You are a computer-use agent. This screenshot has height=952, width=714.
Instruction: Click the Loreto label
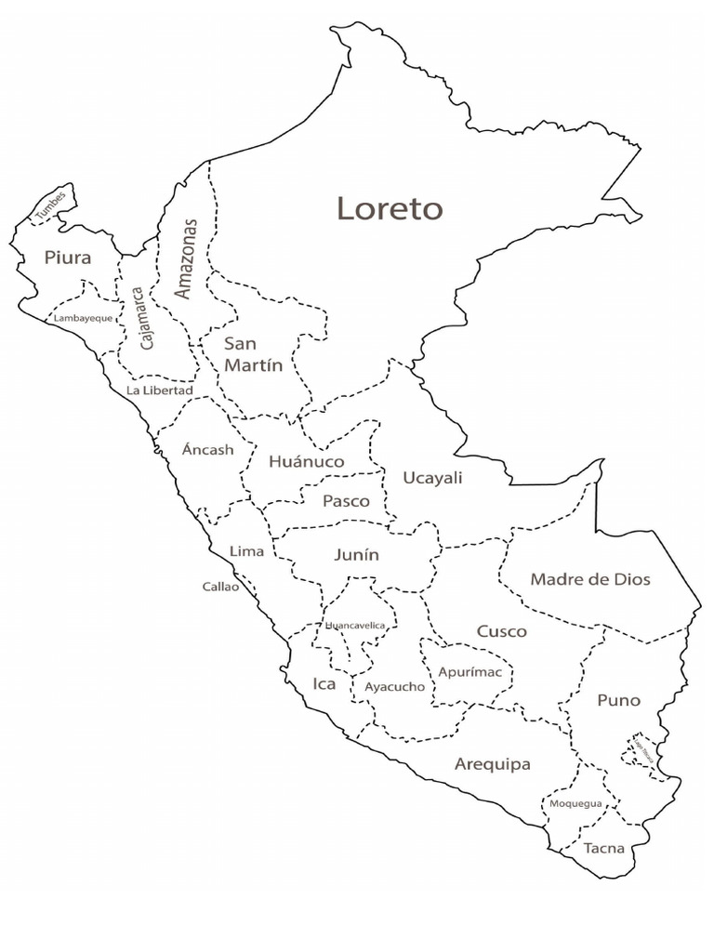[x=390, y=209]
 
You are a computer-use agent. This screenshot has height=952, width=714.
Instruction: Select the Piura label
[x=68, y=258]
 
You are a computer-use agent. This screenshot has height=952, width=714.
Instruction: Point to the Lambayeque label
[x=83, y=318]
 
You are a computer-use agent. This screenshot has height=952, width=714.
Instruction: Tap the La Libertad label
[x=160, y=390]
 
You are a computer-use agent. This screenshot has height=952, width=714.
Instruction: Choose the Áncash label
[x=207, y=449]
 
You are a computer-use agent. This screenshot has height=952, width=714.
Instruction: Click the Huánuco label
[x=306, y=461]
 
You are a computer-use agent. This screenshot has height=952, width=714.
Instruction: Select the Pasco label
[x=346, y=501]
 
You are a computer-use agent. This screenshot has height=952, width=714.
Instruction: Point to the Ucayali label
[x=432, y=478]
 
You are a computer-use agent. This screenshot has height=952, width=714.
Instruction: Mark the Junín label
[x=357, y=555]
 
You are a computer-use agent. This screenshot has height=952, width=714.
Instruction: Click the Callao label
[x=220, y=587]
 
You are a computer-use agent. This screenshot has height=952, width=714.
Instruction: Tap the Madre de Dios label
[x=590, y=579]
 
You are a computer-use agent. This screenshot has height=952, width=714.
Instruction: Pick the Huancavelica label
[x=355, y=626]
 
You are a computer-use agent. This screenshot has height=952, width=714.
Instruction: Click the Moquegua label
[x=575, y=803]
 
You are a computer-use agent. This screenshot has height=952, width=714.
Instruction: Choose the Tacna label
[x=603, y=848]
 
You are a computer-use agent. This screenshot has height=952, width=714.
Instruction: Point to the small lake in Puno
[x=641, y=751]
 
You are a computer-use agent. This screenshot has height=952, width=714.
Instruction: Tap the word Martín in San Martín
[x=253, y=366]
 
